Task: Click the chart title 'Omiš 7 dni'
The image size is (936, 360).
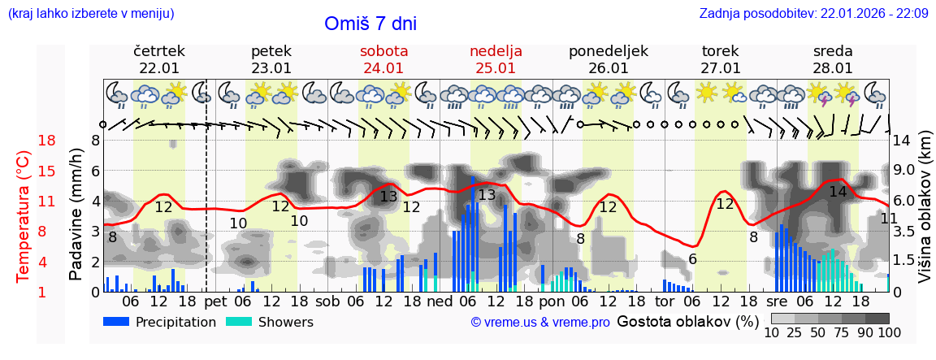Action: pos(370,24)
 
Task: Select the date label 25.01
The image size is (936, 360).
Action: pos(496,68)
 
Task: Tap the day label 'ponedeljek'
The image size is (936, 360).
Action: pos(608,51)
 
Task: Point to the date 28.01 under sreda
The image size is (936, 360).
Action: pos(833,68)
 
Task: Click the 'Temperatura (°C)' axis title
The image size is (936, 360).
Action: pos(24,215)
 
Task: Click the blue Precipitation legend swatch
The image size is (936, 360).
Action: pos(117,322)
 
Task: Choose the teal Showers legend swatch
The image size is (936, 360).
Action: pos(239,322)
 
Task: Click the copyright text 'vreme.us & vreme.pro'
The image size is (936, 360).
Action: pos(540,323)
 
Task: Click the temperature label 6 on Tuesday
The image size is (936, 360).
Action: pos(692,259)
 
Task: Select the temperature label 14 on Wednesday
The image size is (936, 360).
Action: pos(838,193)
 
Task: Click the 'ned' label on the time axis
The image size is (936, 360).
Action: pos(440,301)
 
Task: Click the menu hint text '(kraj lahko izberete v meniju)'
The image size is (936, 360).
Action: pos(91,14)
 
